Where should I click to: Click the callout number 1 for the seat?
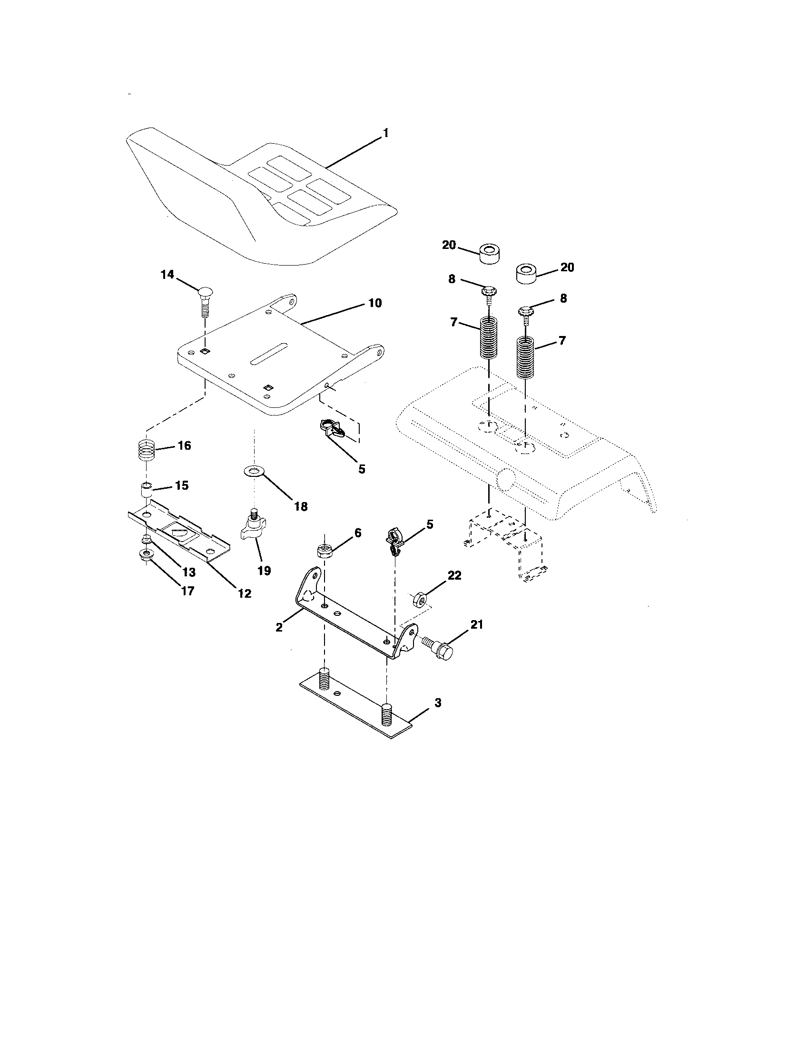click(x=385, y=134)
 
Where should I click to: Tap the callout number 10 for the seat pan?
click(x=375, y=303)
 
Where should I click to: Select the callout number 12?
click(x=245, y=593)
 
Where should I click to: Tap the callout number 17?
click(x=187, y=591)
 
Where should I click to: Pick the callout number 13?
click(x=188, y=572)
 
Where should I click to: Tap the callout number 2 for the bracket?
click(x=279, y=627)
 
